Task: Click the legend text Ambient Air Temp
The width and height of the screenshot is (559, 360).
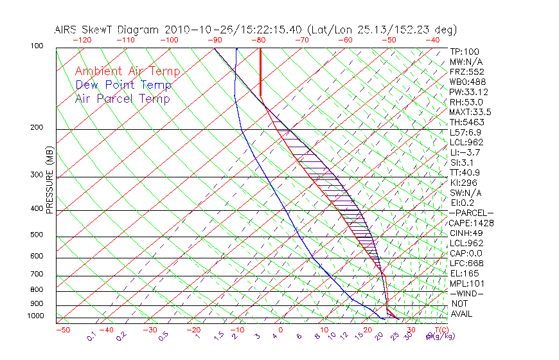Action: tap(127, 71)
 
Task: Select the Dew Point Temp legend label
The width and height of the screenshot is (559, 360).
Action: tap(123, 85)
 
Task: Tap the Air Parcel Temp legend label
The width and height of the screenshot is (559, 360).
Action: tap(123, 98)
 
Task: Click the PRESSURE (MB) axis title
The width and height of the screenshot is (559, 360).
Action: tap(49, 181)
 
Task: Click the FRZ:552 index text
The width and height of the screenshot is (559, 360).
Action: tap(466, 71)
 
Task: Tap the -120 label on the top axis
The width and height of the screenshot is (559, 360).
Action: tap(82, 40)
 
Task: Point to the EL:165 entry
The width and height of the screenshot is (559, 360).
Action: tap(463, 273)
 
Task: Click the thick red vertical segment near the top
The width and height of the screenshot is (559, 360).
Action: tap(260, 72)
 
